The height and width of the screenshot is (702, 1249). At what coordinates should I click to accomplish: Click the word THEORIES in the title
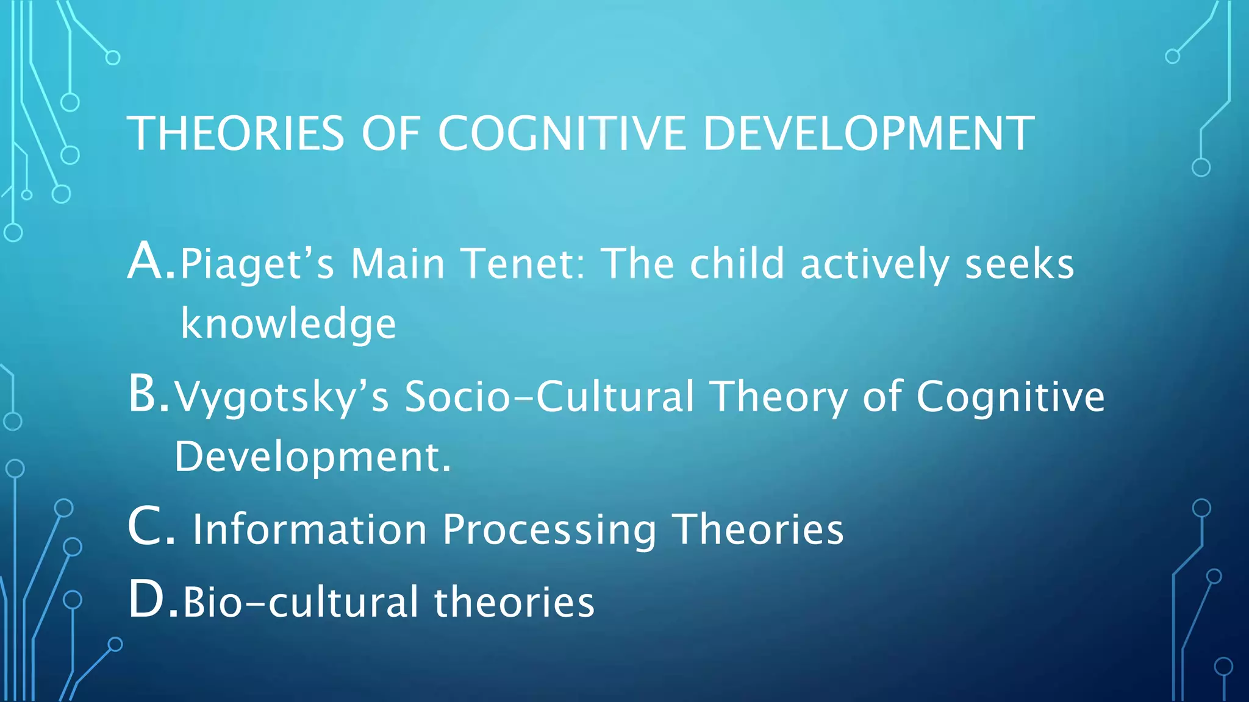point(235,133)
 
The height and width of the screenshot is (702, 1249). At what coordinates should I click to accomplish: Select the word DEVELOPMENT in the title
point(868,133)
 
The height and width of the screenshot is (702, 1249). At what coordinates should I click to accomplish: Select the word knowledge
point(288,324)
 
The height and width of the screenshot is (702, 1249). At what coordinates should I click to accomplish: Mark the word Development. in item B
point(312,456)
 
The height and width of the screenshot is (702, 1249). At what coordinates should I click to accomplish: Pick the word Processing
point(549,530)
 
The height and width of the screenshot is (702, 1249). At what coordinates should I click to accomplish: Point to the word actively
point(875,264)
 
